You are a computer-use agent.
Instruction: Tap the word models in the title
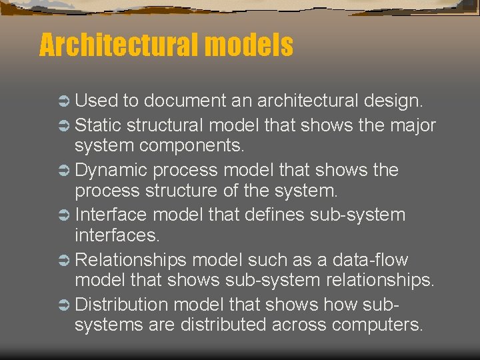coord(249,45)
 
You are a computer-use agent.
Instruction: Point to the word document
coord(184,101)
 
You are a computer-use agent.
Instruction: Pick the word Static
coord(98,125)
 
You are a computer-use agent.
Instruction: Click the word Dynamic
coord(111,169)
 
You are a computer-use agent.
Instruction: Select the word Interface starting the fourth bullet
coord(111,215)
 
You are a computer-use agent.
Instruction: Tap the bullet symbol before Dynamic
coord(63,170)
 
